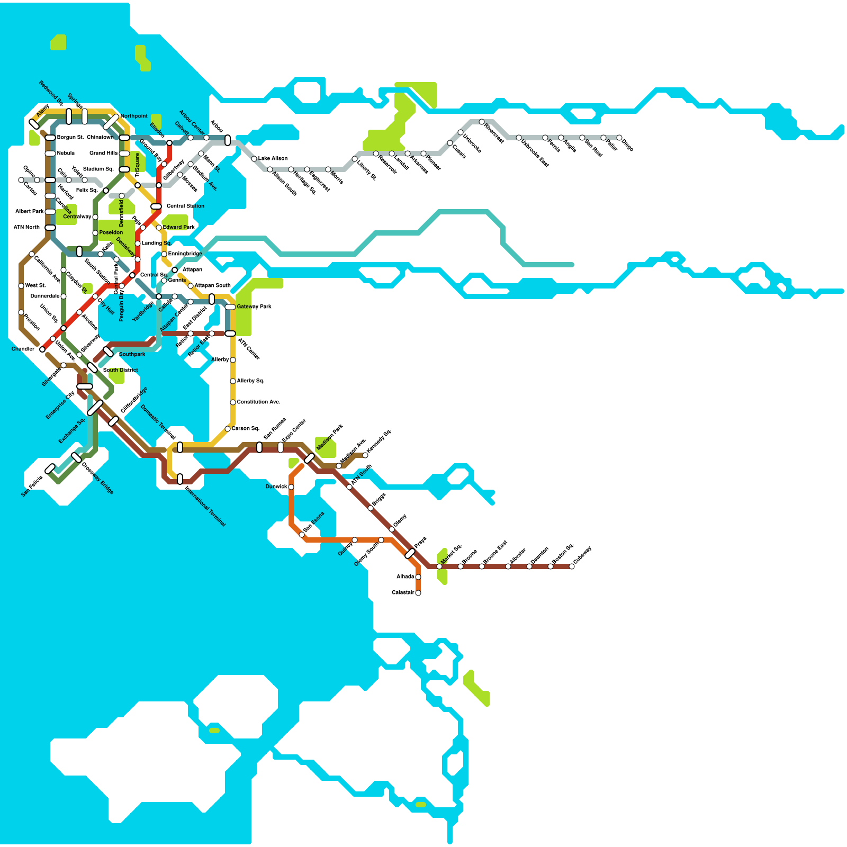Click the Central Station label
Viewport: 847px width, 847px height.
185,206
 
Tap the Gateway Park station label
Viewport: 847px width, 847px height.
254,307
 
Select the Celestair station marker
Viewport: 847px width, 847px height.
418,593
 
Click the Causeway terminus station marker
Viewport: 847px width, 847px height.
572,566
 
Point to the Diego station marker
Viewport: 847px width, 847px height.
619,138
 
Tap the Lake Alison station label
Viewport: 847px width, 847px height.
273,158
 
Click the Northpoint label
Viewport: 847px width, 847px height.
134,116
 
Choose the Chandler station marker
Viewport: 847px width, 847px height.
42,349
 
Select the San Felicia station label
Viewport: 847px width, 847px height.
32,486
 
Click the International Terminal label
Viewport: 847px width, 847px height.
205,507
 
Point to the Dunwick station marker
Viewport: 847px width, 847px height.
291,487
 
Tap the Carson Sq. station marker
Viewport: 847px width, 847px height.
228,429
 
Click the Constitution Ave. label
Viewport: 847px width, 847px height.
258,402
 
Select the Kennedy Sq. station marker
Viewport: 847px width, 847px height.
365,455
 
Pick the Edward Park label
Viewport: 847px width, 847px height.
178,227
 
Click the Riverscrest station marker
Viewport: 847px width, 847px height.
482,122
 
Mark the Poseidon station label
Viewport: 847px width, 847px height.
111,232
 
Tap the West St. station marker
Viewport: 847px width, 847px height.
21,286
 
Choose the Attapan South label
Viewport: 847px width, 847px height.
212,285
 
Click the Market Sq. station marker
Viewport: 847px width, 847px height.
439,566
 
